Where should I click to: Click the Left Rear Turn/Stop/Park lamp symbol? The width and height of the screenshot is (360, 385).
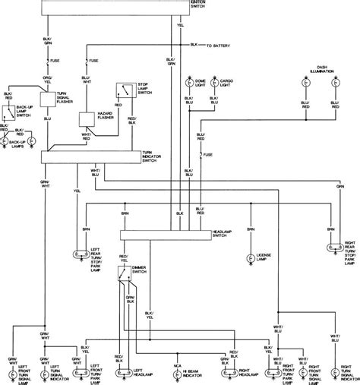pos(81,254)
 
